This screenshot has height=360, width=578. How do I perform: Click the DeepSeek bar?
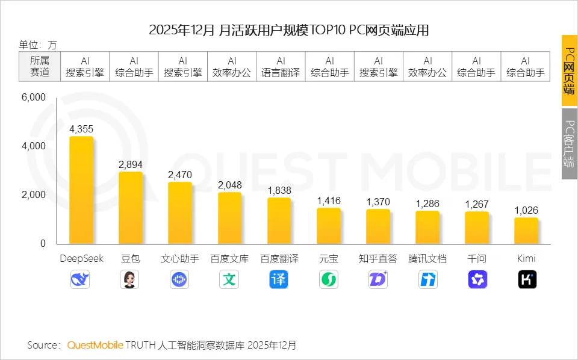81,190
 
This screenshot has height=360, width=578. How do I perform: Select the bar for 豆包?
131,208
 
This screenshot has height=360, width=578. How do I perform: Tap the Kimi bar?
526,231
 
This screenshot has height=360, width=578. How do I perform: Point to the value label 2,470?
180,175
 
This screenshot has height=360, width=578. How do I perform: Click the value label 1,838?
279,190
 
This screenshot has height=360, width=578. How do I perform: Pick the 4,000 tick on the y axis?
34,146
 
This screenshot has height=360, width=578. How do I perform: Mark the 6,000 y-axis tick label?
34,98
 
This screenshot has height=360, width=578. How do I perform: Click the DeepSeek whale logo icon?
81,279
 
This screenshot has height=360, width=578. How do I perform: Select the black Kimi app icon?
527,279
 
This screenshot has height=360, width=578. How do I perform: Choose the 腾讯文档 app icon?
427,279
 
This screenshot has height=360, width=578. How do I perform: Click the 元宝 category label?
329,259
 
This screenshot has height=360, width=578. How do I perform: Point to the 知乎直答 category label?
378,259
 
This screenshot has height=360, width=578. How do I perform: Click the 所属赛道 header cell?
39,66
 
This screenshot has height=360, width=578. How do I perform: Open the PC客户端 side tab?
569,144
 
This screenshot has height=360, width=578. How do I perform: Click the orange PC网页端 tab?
569,70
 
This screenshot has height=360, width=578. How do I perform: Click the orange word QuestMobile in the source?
95,345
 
